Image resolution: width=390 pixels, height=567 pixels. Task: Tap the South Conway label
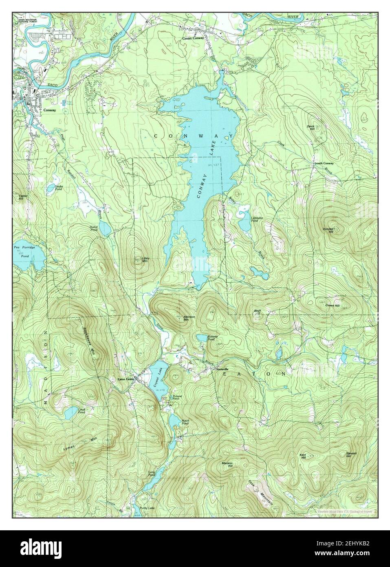[324, 164]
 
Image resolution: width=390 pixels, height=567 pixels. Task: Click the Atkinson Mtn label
[178, 318]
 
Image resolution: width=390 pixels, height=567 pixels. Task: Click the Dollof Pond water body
[105, 231]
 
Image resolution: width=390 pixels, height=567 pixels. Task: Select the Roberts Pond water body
[201, 338]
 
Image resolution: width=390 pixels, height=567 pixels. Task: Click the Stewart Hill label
[348, 454]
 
